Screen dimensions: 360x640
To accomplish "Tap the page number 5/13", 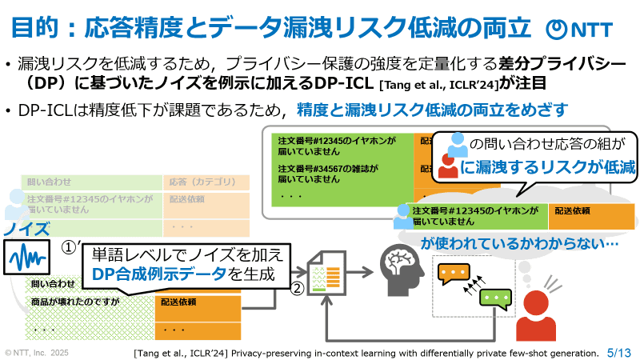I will tap(619, 351).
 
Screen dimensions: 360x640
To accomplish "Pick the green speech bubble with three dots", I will tap(495, 300).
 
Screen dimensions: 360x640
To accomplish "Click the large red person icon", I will tap(535, 318).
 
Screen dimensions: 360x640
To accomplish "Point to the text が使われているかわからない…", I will tap(521, 242).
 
